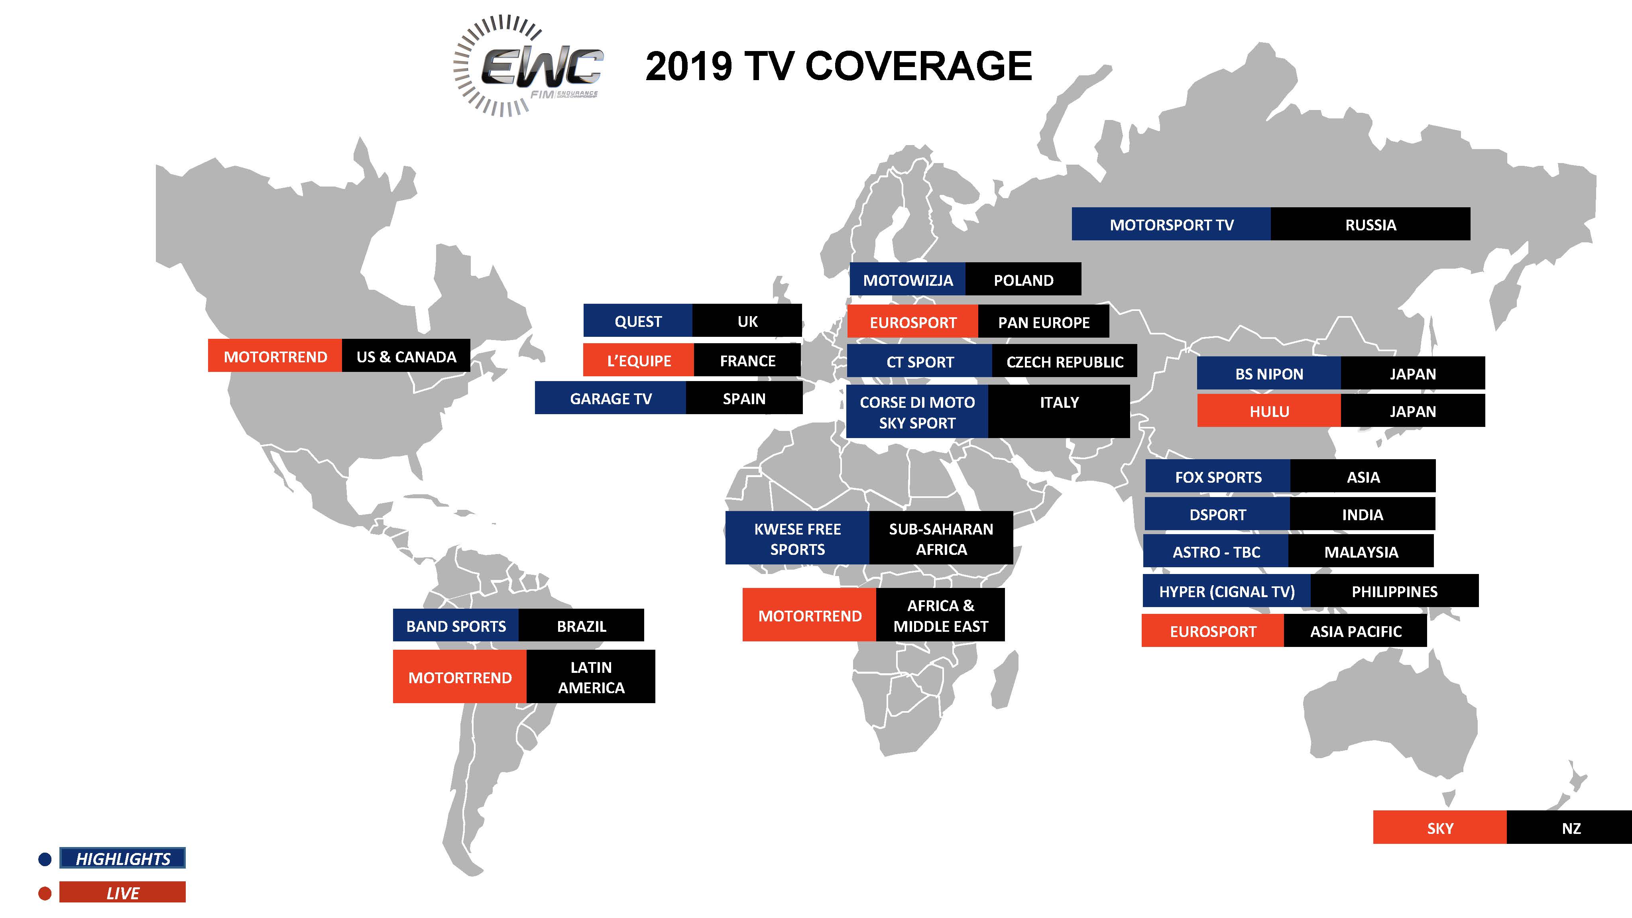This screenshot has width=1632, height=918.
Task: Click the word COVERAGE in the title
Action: pos(918,66)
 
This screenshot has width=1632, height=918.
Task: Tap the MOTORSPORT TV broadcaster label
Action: pos(1172,224)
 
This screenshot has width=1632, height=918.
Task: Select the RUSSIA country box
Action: pos(1370,224)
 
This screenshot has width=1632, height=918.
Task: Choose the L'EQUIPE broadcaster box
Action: pos(639,360)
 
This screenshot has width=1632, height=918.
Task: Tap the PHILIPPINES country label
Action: pos(1394,591)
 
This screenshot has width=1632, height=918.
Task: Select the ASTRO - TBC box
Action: pos(1216,551)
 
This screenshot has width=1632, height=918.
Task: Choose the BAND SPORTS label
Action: pos(456,625)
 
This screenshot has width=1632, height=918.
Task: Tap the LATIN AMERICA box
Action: pos(590,676)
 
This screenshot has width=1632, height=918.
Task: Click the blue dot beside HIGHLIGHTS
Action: pos(45,859)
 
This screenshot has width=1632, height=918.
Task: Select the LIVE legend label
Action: pos(122,892)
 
